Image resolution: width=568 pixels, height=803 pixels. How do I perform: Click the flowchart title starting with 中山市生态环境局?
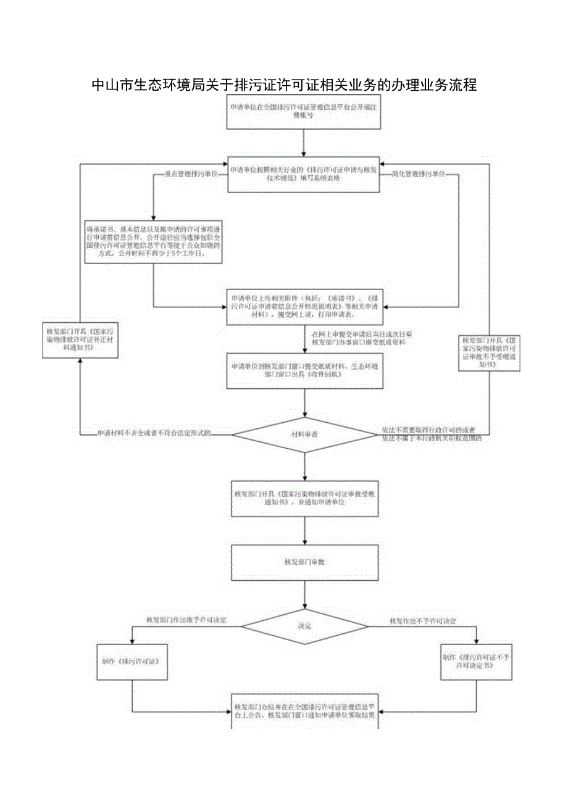tap(283, 85)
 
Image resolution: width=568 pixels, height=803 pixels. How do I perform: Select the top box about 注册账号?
tap(304, 112)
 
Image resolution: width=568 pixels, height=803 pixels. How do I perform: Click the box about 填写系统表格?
tap(304, 173)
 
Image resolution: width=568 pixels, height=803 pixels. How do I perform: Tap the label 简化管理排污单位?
tap(419, 175)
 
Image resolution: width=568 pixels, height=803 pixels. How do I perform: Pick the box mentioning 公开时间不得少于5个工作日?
tap(153, 242)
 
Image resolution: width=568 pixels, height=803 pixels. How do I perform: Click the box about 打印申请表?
tap(304, 307)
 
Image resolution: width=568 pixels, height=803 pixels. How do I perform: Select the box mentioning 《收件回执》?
tap(304, 371)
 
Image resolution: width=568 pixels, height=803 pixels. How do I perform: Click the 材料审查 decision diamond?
tap(304, 435)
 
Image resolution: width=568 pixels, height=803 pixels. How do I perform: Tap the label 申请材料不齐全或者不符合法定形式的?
tap(154, 434)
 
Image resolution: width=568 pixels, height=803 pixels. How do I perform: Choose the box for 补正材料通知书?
tap(80, 340)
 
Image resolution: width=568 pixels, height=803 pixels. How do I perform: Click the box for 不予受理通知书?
tap(490, 352)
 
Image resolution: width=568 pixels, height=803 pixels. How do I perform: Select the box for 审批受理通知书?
tap(304, 498)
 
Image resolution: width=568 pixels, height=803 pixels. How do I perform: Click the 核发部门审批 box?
tap(304, 562)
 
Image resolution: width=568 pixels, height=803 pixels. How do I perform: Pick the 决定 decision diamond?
tap(304, 626)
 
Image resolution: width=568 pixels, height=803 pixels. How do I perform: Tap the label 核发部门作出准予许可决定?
tap(186, 619)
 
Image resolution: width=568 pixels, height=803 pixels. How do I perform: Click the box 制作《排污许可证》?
tap(132, 662)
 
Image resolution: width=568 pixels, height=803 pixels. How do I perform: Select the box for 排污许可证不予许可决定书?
tap(476, 662)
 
